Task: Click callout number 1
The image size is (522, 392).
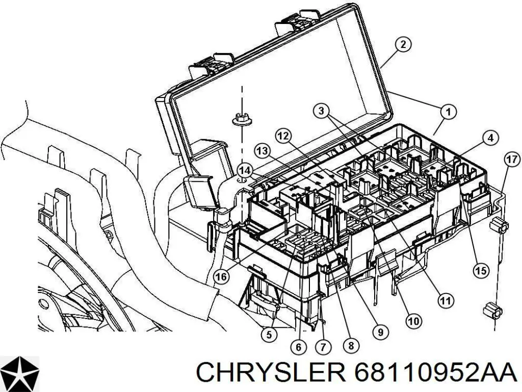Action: coord(448,111)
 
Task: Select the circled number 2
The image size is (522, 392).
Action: coord(403,44)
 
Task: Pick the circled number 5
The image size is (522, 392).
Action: coord(269,335)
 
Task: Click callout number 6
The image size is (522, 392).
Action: coord(299,348)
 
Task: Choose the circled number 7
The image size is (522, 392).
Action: coord(323,348)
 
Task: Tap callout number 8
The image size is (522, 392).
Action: coord(350,346)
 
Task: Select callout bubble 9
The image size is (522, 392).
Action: coord(378,333)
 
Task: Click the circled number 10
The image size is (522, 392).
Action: coord(413,321)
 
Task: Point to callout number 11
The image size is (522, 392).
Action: coord(446,301)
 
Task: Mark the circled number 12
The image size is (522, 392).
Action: coord(283,136)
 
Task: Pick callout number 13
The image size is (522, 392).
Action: coord(262,151)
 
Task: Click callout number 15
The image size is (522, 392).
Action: coord(481,271)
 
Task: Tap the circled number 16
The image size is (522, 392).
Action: coord(221,277)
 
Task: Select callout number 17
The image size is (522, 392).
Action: coord(511,159)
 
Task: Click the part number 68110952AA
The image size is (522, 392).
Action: coord(433,374)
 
